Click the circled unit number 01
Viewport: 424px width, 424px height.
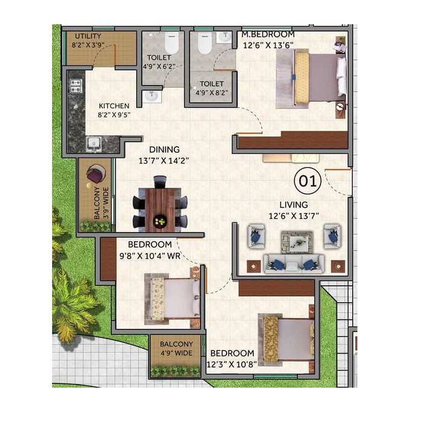pyautogui.click(x=305, y=181)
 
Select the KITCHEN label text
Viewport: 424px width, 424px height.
pyautogui.click(x=114, y=105)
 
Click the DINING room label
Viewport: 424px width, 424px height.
pyautogui.click(x=165, y=150)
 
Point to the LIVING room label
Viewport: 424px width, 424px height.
pyautogui.click(x=293, y=204)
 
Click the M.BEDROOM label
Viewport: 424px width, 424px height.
pyautogui.click(x=268, y=35)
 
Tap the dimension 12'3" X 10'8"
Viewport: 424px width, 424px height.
pyautogui.click(x=232, y=363)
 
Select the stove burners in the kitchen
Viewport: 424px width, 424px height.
pyautogui.click(x=76, y=86)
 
